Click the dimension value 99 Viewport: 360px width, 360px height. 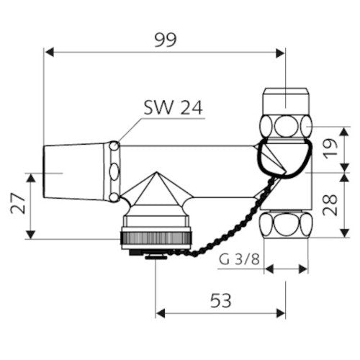(166, 40)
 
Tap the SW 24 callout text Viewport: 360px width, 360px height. (174, 107)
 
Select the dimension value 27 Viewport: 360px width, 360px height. (18, 203)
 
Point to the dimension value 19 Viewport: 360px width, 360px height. (330, 149)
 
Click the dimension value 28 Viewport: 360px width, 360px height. (330, 204)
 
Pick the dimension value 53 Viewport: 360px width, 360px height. (221, 300)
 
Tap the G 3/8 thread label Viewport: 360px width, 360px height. (239, 259)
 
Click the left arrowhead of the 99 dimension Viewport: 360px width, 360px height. (49, 53)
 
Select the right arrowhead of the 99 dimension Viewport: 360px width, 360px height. (280, 53)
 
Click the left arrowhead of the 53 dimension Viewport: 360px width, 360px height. (161, 313)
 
